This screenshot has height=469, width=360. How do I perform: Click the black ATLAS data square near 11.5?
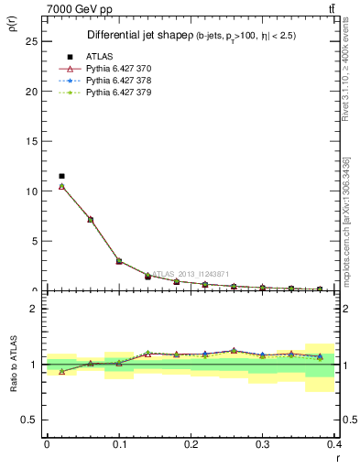pyautogui.click(x=61, y=176)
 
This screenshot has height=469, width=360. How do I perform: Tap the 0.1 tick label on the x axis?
pyautogui.click(x=119, y=444)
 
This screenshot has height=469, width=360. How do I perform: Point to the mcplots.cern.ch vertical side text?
pyautogui.click(x=347, y=221)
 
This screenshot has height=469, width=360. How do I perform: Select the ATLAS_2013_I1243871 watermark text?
pyautogui.click(x=192, y=274)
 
